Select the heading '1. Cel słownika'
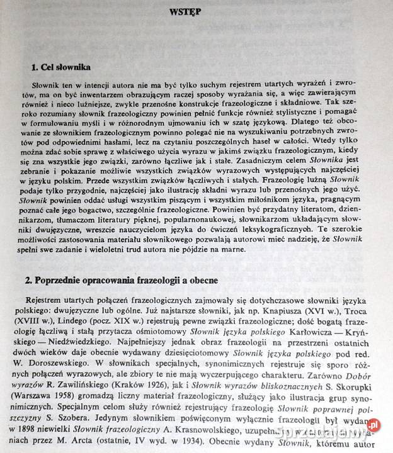point(62,67)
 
